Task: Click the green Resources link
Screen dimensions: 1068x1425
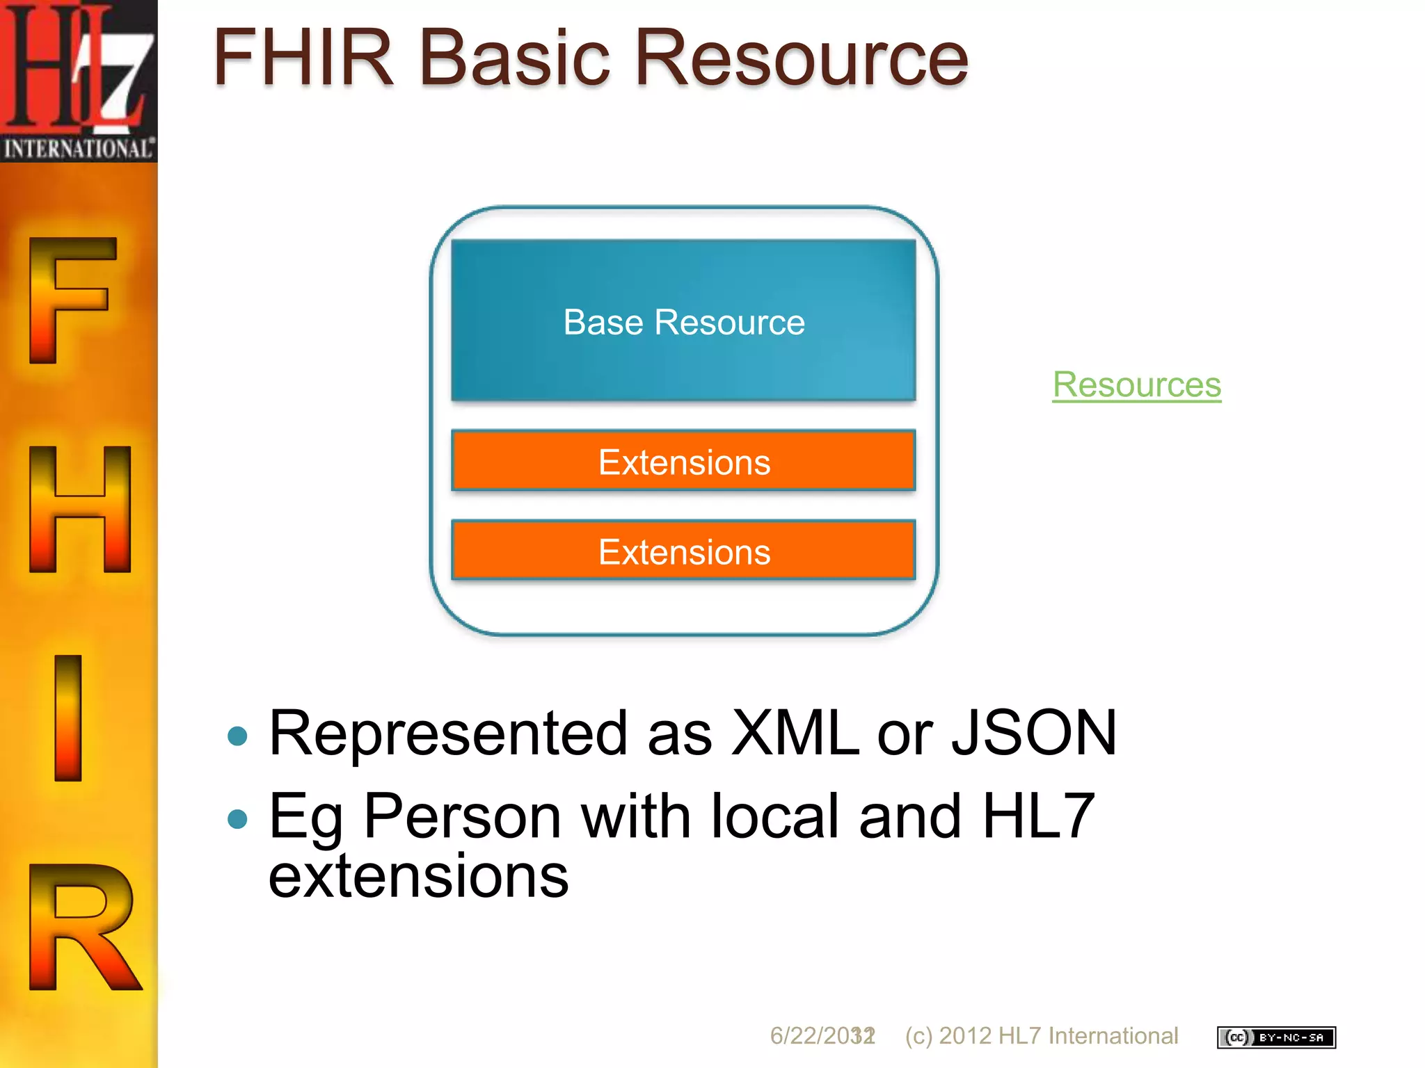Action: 1136,385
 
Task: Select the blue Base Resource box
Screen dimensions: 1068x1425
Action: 683,321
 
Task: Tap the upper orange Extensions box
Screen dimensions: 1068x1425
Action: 683,462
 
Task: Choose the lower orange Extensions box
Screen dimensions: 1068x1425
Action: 683,551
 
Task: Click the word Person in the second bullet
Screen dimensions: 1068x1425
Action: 462,816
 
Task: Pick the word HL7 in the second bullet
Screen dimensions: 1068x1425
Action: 1038,816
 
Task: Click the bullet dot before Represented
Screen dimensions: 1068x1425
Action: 238,736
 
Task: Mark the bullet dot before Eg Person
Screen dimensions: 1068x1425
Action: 238,819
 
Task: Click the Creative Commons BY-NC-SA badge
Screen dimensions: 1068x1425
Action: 1276,1037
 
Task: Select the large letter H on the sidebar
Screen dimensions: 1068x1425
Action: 80,509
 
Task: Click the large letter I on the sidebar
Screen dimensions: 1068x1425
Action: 68,718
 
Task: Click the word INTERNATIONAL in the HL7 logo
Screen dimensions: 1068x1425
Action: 79,149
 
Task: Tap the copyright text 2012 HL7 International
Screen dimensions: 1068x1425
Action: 1058,1036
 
